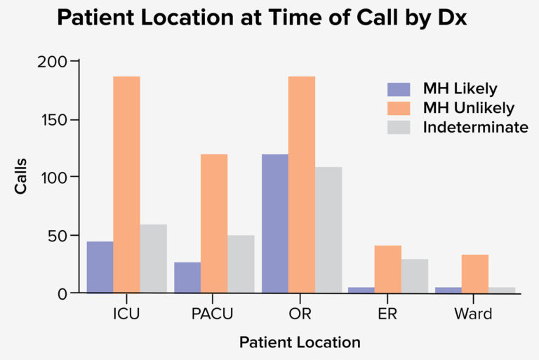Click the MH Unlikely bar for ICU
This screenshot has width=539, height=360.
pyautogui.click(x=127, y=184)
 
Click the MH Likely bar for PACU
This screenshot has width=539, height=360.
pyautogui.click(x=187, y=277)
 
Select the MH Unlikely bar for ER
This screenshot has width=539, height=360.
pyautogui.click(x=388, y=269)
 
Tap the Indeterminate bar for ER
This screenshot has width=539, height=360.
pyautogui.click(x=415, y=276)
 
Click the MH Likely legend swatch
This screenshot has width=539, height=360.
pyautogui.click(x=399, y=89)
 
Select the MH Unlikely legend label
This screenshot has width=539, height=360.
pyautogui.click(x=468, y=108)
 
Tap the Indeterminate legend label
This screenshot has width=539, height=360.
pyautogui.click(x=475, y=128)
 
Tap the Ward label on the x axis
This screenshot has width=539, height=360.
pyautogui.click(x=475, y=314)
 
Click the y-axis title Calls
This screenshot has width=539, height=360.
pyautogui.click(x=21, y=176)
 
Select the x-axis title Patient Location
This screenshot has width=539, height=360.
pyautogui.click(x=300, y=342)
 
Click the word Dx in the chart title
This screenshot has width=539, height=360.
pyautogui.click(x=450, y=19)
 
